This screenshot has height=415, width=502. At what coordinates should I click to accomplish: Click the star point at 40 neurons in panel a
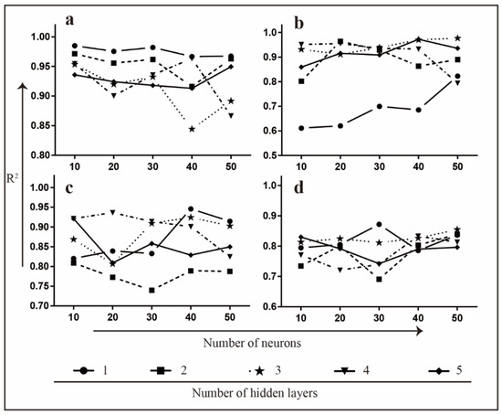tap(192, 129)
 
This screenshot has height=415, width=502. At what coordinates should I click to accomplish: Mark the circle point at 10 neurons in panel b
tap(302, 128)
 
